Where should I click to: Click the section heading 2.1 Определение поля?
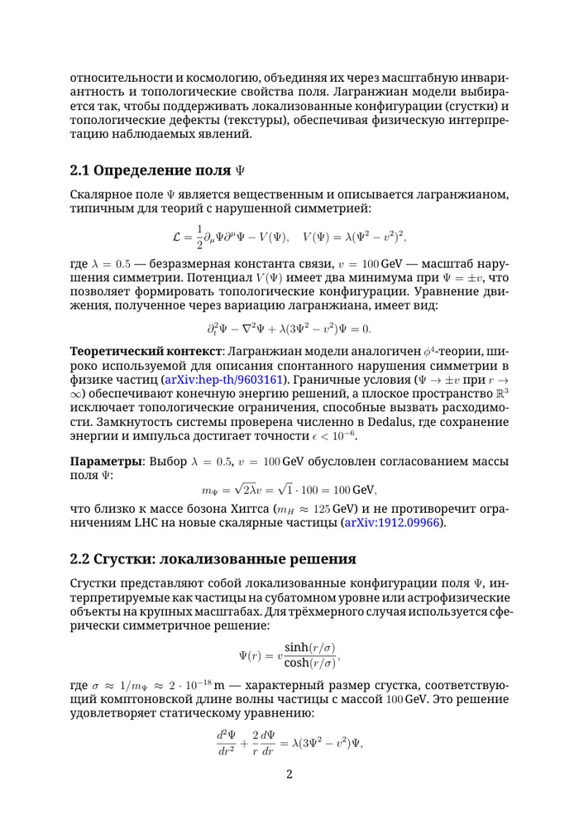click(158, 171)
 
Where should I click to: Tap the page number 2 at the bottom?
click(289, 774)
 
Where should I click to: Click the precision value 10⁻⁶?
click(342, 435)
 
